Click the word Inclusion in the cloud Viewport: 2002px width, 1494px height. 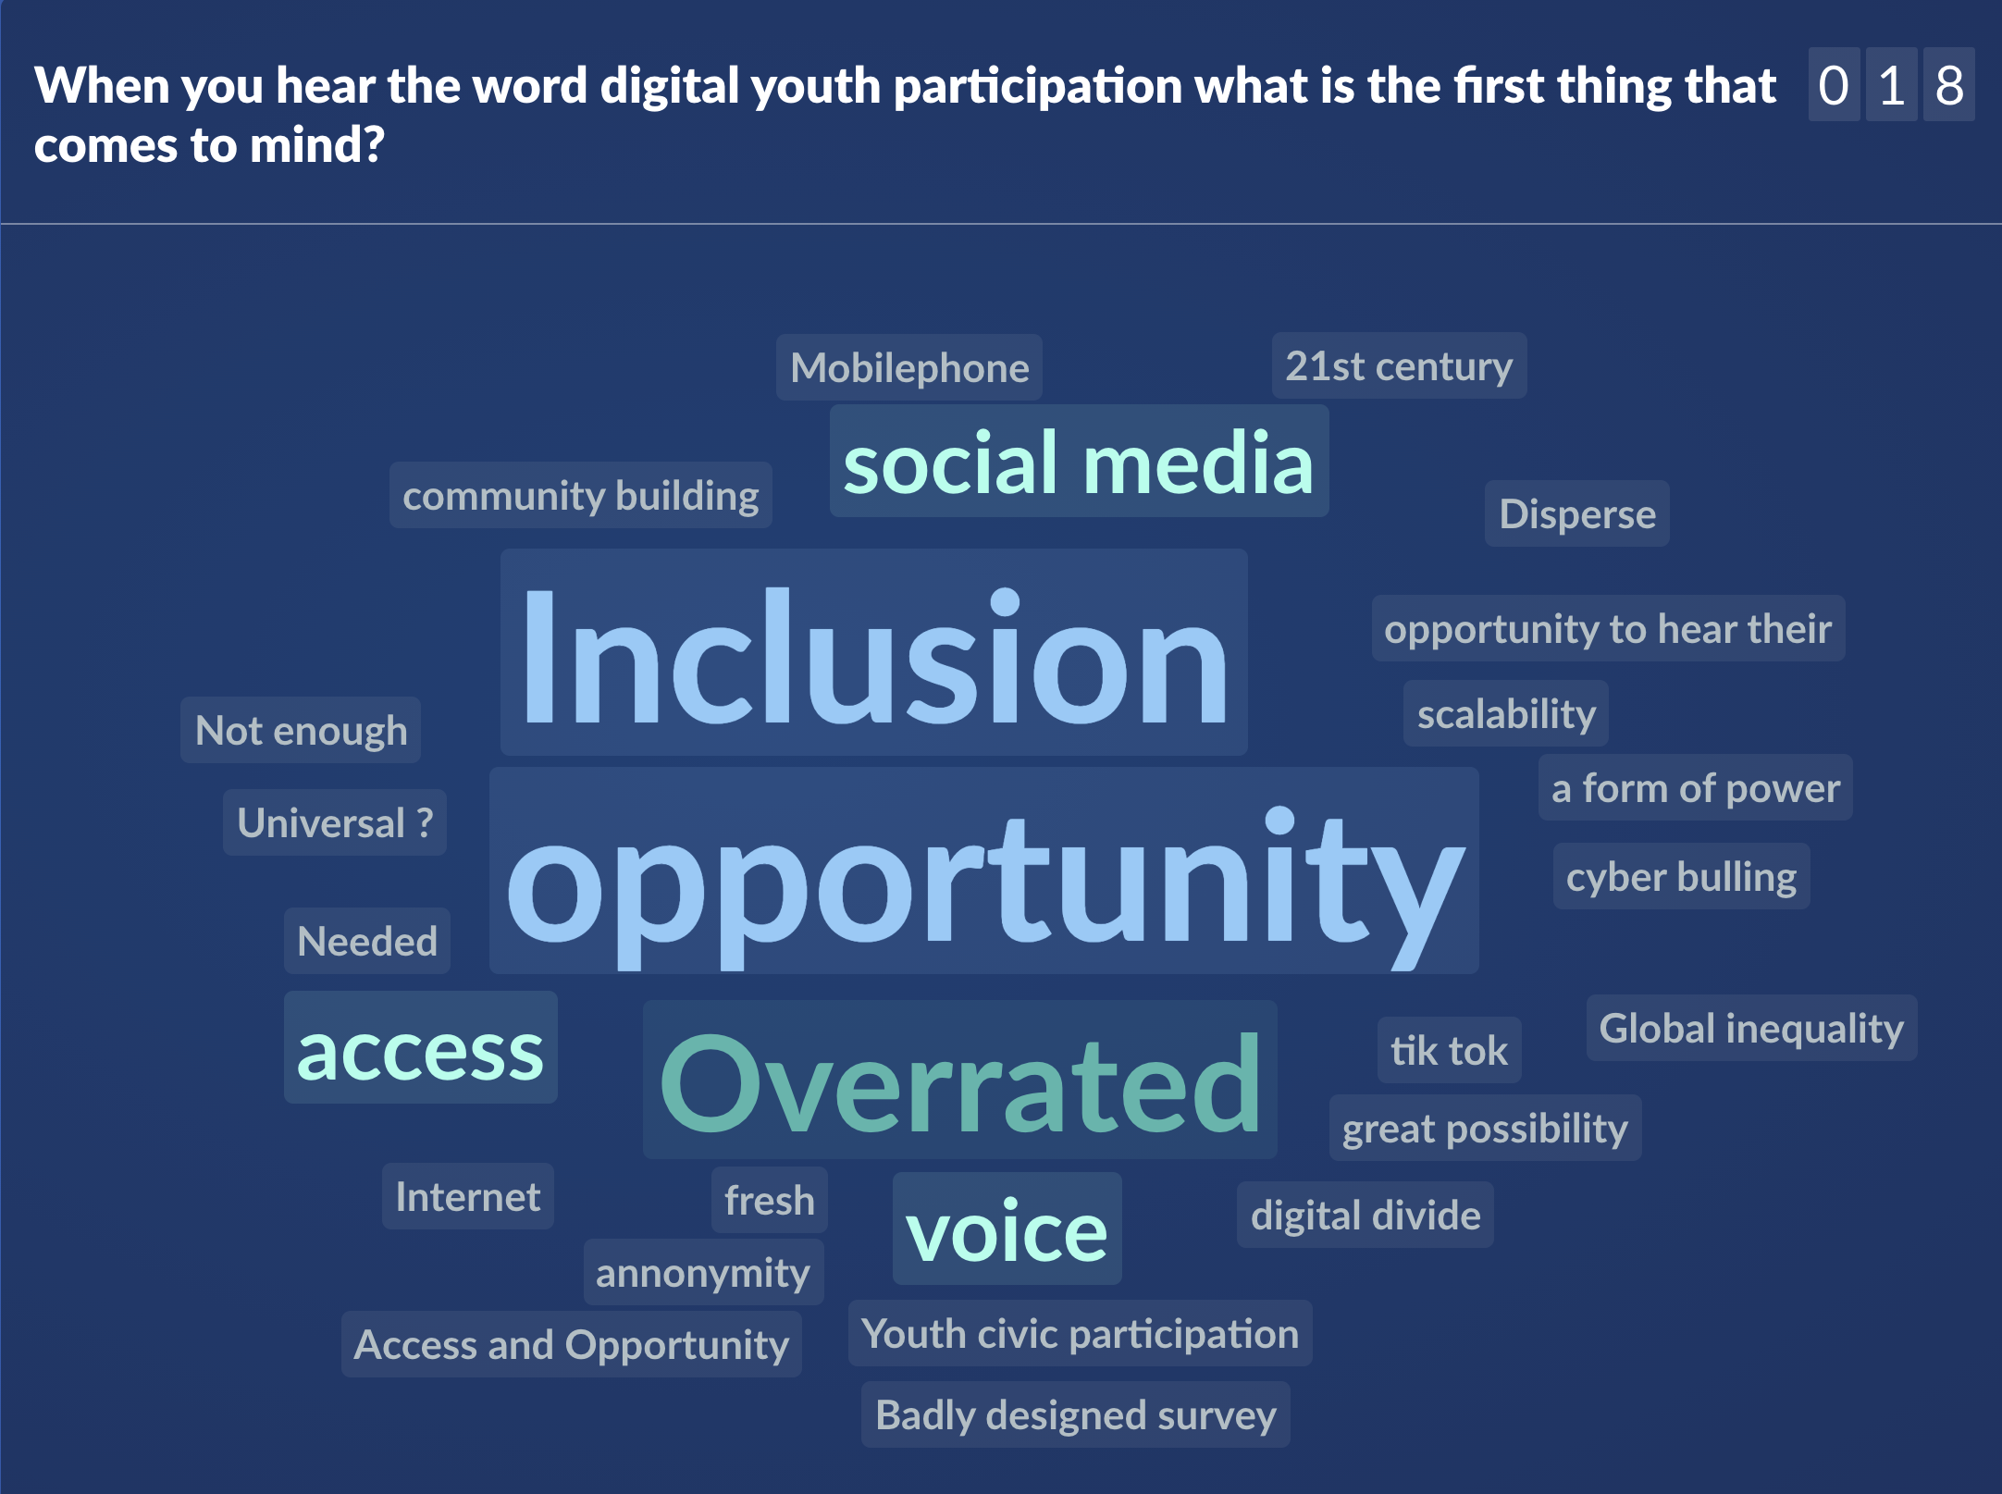coord(874,652)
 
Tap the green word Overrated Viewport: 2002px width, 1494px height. coord(960,1080)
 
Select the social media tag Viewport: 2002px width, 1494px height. coord(1079,461)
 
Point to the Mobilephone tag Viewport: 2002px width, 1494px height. coord(909,367)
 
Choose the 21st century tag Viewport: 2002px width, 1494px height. coord(1399,365)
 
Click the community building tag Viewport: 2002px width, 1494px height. coord(581,495)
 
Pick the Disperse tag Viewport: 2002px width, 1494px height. coord(1577,513)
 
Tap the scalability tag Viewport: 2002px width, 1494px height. coord(1506,713)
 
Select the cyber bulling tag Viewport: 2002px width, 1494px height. coord(1681,876)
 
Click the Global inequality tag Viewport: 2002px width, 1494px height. coord(1751,1028)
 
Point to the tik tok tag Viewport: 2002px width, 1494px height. coord(1449,1050)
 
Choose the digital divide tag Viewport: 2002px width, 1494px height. coord(1366,1215)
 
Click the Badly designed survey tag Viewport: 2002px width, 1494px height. coord(1076,1414)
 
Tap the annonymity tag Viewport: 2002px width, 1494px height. coord(703,1272)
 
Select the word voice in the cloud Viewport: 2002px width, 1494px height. coord(1007,1229)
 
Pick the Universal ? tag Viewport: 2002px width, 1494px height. coord(335,822)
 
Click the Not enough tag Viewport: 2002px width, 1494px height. coord(301,730)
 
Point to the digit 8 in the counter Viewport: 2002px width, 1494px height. coord(1949,85)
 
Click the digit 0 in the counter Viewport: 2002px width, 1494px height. coord(1834,85)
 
